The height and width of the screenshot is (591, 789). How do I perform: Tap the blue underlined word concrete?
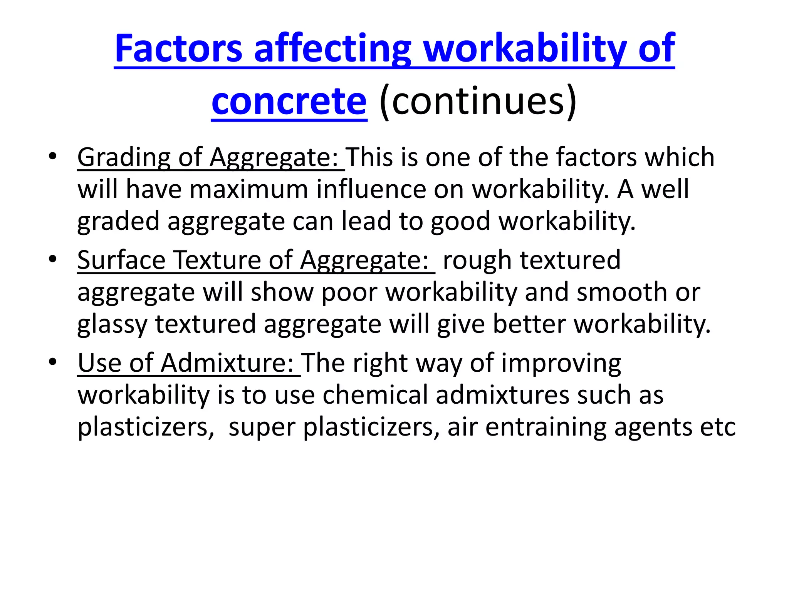tap(289, 102)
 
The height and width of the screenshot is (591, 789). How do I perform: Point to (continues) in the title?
tap(478, 102)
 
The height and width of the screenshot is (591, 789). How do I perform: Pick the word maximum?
tap(249, 190)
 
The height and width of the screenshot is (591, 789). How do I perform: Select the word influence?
tap(371, 190)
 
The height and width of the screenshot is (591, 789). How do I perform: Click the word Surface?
tap(121, 260)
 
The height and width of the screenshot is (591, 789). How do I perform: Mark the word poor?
tap(349, 292)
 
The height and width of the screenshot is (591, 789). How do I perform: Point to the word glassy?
tap(112, 324)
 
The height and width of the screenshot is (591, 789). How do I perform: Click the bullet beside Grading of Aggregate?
tap(53, 157)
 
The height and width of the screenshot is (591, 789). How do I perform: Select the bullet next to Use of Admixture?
tap(53, 362)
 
